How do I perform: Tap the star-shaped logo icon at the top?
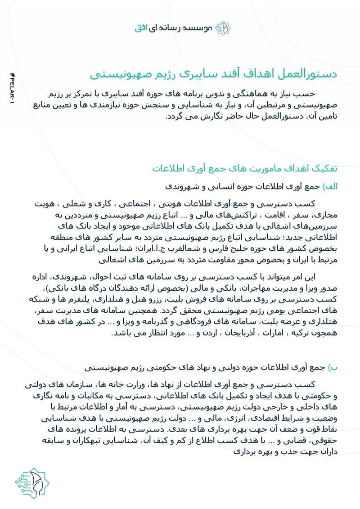point(224,27)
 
